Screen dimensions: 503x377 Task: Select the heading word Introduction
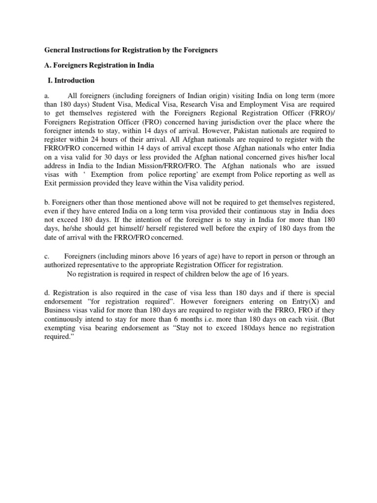pyautogui.click(x=74, y=80)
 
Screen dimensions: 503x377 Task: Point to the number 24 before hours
pyautogui.click(x=87, y=140)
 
